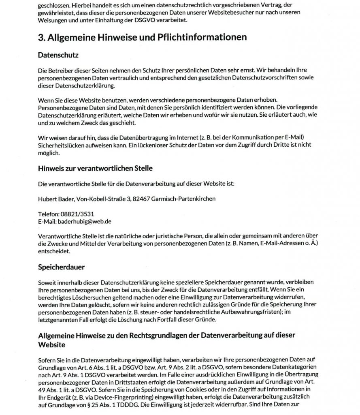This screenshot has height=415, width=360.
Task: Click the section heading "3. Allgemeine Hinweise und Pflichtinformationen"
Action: (x=142, y=37)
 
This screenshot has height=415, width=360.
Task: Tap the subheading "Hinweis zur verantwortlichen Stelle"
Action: (x=95, y=167)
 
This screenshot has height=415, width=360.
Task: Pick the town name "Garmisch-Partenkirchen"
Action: (x=186, y=199)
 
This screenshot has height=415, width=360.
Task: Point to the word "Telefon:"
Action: (x=49, y=214)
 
